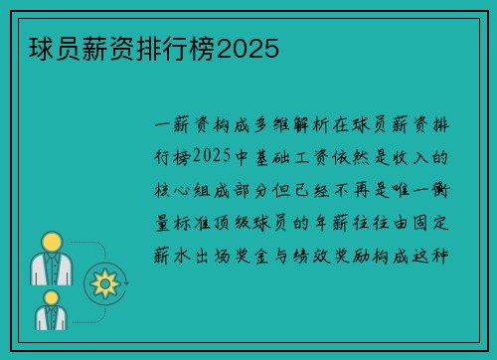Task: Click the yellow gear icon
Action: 103,283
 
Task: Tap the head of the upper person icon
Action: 52,242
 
